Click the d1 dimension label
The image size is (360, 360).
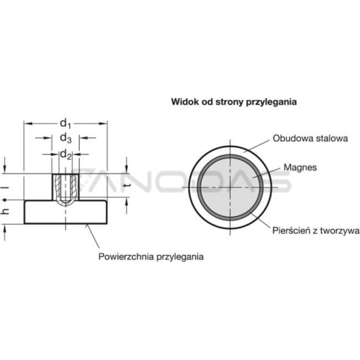[x=66, y=124]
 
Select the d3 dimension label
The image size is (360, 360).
[x=66, y=138]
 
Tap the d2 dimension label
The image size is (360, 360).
[x=66, y=155]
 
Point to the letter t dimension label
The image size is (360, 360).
[x=127, y=185]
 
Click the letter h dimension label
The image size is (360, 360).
[x=6, y=211]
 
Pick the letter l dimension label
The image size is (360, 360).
[x=6, y=186]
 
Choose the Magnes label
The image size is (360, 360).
[x=300, y=167]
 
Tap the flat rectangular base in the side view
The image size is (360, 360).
[x=66, y=212]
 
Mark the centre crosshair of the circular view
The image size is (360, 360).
[x=230, y=187]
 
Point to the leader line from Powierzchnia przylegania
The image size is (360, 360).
[x=93, y=236]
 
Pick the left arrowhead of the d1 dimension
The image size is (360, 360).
[x=28, y=124]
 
